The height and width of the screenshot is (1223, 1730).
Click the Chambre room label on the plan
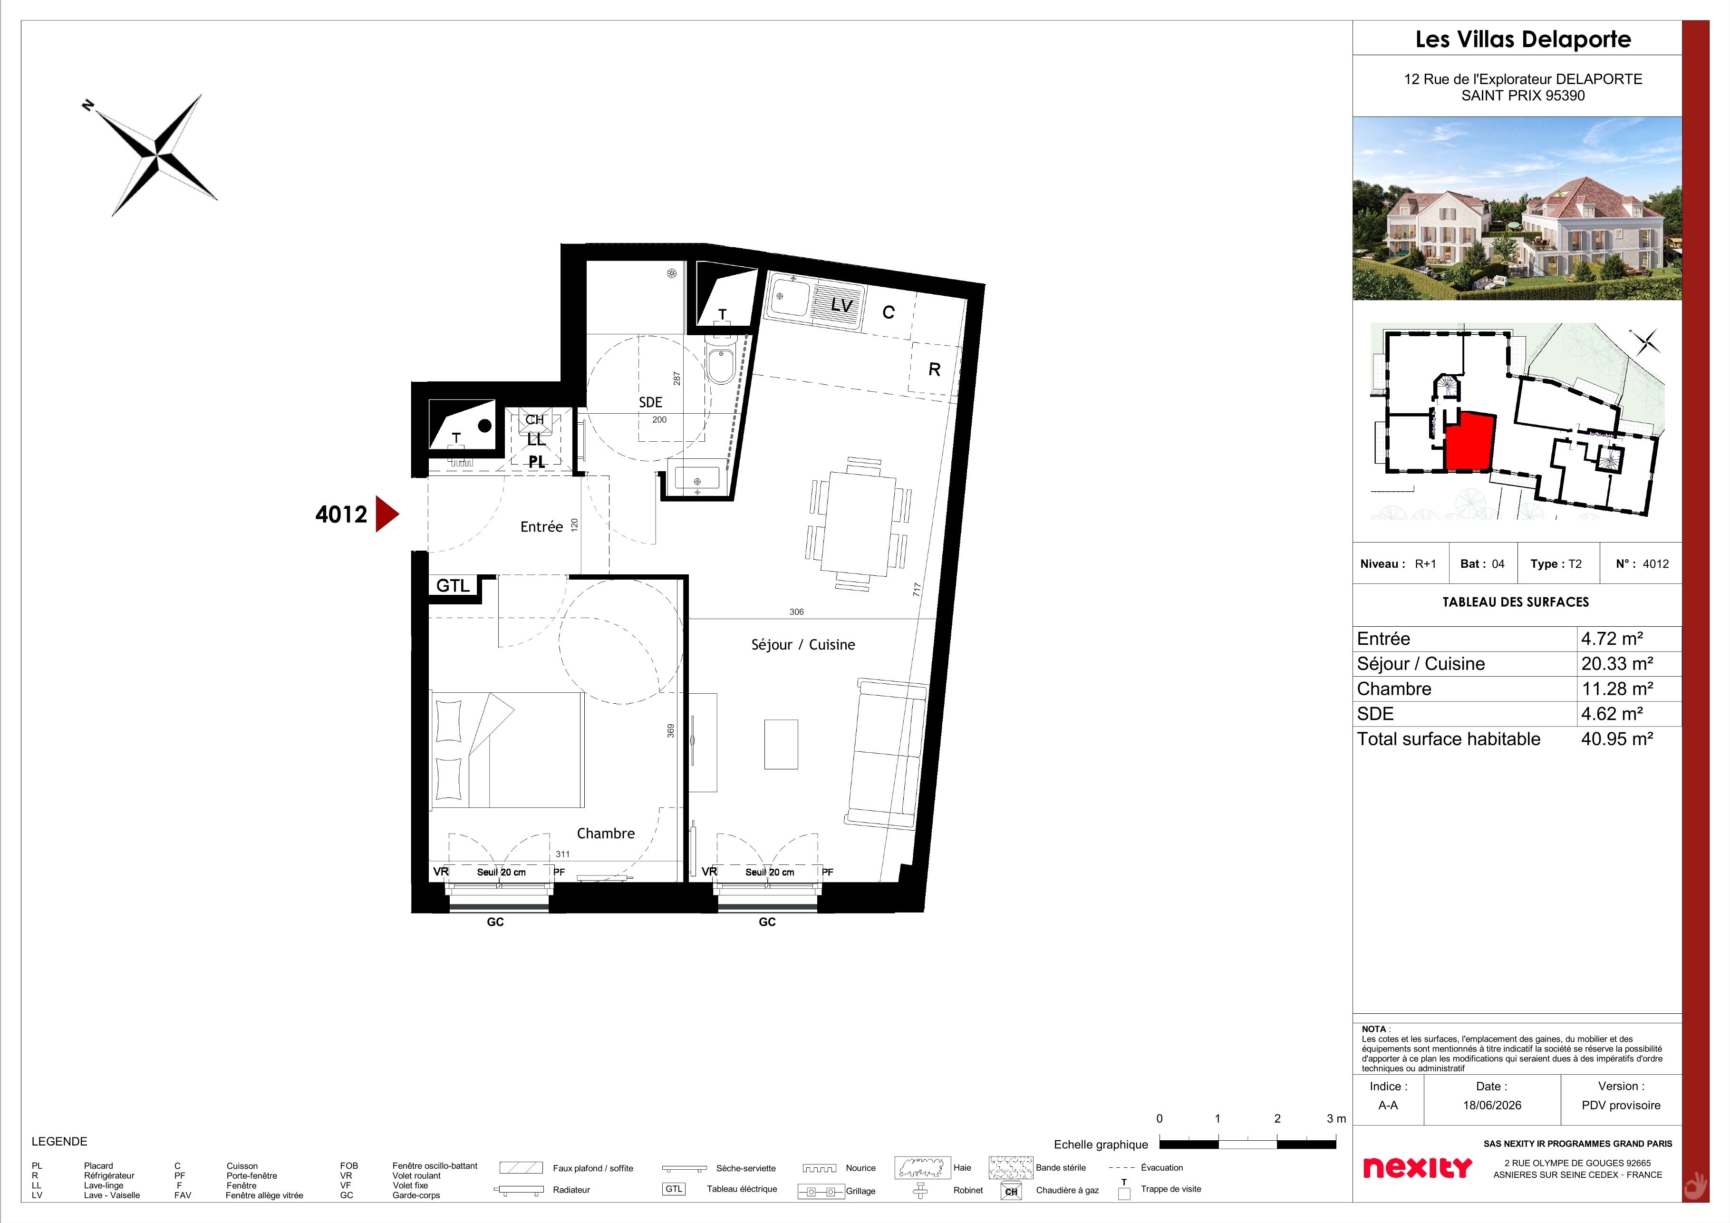(606, 834)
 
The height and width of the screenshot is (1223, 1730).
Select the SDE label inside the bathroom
(650, 402)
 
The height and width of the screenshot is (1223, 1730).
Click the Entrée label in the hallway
(542, 527)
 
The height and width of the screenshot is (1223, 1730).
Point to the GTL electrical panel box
(454, 585)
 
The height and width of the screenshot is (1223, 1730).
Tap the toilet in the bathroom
(721, 364)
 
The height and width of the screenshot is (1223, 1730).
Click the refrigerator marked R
(934, 369)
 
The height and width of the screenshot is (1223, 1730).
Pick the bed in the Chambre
(507, 750)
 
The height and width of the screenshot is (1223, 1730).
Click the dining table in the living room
(858, 524)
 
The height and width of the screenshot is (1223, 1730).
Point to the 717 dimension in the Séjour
(916, 589)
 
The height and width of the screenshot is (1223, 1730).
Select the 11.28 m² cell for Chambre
(1617, 689)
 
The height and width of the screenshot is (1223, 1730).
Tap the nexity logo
(1417, 1168)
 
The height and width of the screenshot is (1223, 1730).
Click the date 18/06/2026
(1492, 1106)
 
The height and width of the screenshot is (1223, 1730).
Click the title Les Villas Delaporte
(1523, 39)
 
